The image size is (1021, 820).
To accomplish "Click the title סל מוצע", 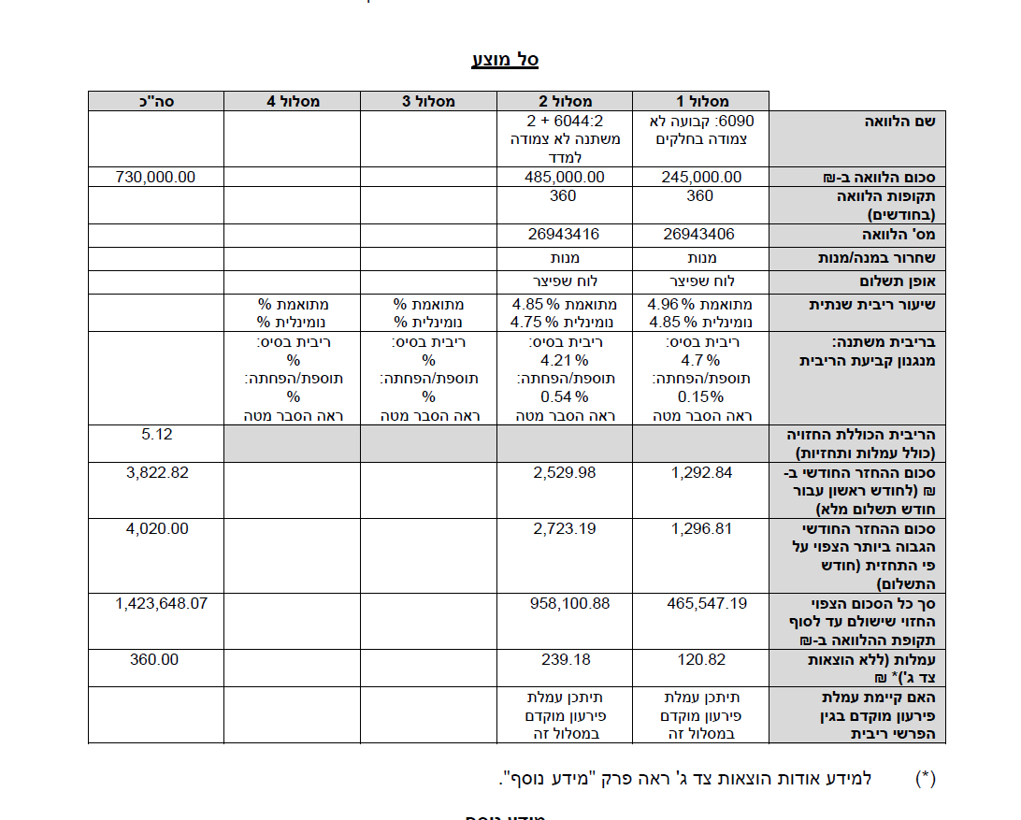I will tap(505, 60).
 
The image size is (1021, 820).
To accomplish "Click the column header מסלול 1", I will tap(700, 101).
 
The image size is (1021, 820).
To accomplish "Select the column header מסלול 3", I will tap(428, 101).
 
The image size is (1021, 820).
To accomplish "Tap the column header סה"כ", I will tap(156, 101).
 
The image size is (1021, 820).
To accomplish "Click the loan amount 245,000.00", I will tap(700, 177).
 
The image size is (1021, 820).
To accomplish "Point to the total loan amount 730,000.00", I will tap(156, 177).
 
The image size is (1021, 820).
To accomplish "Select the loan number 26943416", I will tap(565, 234).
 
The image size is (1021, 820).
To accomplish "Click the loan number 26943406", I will tap(700, 234).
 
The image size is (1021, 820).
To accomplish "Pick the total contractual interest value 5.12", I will tap(156, 435).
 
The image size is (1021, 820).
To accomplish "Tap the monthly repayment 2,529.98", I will tap(565, 472).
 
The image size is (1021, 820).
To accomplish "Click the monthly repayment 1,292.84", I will tap(701, 472).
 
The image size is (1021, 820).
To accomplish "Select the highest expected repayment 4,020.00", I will tap(156, 528).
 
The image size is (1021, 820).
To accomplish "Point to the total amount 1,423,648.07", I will tap(161, 603).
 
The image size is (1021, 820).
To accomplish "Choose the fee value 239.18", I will tap(566, 659).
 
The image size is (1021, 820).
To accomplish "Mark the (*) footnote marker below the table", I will tap(926, 778).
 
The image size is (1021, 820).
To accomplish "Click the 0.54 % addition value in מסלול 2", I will tap(565, 396).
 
